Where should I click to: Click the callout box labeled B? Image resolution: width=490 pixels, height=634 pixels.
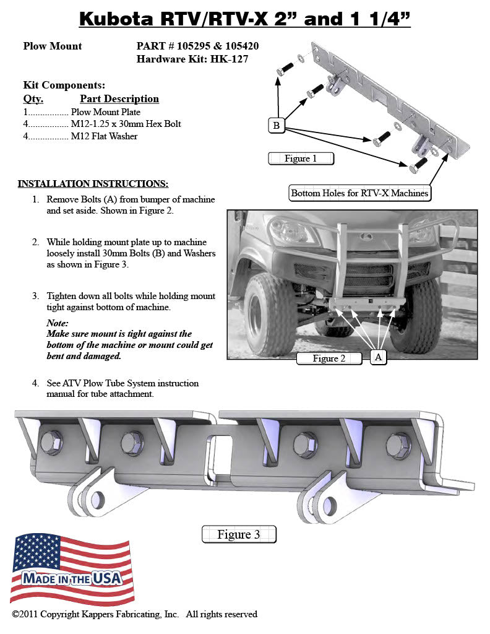(276, 126)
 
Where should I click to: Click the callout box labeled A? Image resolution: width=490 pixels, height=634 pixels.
(379, 357)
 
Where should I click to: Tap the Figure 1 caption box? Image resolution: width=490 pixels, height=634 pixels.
(301, 158)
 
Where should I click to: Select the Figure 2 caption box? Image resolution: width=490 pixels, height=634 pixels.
(329, 358)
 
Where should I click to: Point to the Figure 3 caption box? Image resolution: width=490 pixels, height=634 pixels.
(239, 534)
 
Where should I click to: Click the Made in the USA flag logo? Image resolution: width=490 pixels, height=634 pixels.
(72, 569)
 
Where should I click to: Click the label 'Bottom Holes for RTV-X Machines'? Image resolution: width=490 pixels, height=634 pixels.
(359, 193)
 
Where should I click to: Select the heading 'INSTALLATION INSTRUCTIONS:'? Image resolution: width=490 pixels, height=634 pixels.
(93, 183)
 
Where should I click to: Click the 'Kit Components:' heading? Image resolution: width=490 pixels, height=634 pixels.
(64, 85)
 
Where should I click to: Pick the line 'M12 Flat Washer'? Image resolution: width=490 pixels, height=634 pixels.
(104, 136)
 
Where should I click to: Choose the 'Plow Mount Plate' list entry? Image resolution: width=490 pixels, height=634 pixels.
(106, 112)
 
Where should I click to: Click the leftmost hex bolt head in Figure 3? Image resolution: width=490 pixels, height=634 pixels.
(50, 441)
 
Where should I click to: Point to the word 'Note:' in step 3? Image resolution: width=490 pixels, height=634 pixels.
(58, 323)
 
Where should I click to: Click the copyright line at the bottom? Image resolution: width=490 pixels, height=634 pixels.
(134, 614)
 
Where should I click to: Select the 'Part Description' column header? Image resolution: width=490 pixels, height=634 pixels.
(119, 99)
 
